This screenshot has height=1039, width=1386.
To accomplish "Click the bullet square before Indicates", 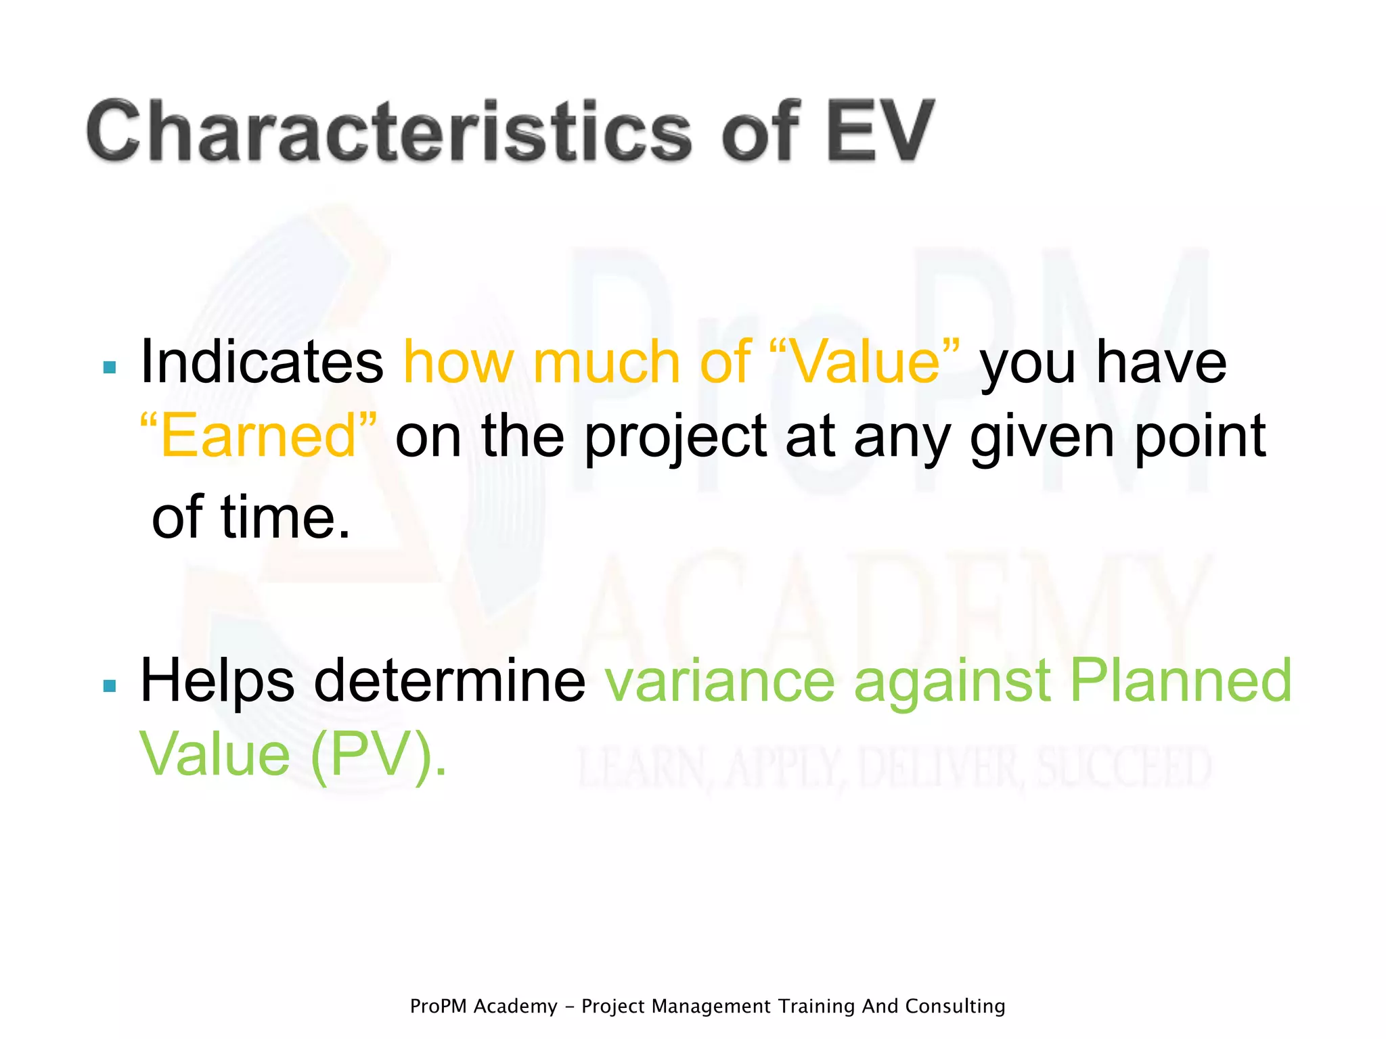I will (x=110, y=367).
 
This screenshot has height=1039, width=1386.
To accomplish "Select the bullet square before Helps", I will (x=110, y=686).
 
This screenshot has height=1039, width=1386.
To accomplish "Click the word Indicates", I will (x=261, y=363).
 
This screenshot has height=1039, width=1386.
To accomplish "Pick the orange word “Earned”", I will (x=258, y=436).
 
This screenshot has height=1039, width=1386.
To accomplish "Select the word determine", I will (x=449, y=681).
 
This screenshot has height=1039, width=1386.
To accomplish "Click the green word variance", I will (x=720, y=681).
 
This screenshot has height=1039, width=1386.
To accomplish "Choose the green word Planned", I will (x=1180, y=681).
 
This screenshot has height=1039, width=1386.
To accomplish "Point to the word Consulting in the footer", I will (x=955, y=1007).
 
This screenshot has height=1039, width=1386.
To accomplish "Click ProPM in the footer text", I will (x=439, y=1007).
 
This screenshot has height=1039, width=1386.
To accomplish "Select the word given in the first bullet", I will (x=1042, y=438).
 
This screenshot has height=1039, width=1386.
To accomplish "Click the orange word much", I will (x=606, y=363).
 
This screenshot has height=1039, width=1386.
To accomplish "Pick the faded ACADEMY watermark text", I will (x=893, y=609).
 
